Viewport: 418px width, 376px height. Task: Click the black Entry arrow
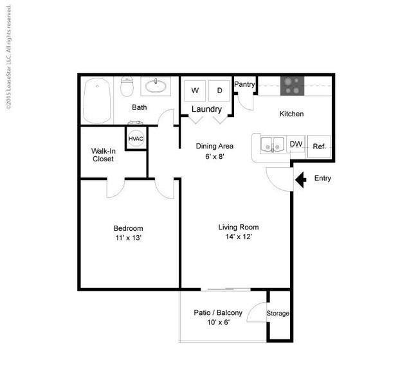tap(300, 180)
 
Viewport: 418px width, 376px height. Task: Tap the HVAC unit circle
tap(136, 139)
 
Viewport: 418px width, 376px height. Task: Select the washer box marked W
tap(195, 91)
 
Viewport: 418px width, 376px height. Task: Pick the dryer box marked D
tap(219, 91)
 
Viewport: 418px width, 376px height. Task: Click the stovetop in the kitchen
tap(292, 86)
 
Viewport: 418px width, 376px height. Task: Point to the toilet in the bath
tap(127, 86)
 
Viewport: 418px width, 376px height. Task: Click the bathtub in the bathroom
tap(97, 101)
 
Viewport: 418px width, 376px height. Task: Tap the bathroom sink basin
tap(156, 86)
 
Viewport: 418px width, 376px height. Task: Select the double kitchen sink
tap(272, 145)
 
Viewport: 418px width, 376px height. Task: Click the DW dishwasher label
tap(296, 144)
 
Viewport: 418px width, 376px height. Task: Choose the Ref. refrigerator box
tap(319, 147)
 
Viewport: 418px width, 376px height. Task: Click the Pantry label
tap(244, 84)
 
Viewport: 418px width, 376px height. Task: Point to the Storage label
tap(278, 314)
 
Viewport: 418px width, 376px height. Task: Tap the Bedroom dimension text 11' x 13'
tap(128, 238)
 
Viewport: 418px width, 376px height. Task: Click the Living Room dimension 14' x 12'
tap(239, 237)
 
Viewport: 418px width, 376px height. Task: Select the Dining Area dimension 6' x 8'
tap(214, 156)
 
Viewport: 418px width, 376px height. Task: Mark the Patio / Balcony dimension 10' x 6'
tap(219, 322)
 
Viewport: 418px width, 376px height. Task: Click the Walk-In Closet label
tap(104, 155)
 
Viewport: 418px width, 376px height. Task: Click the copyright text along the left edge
tap(9, 57)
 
